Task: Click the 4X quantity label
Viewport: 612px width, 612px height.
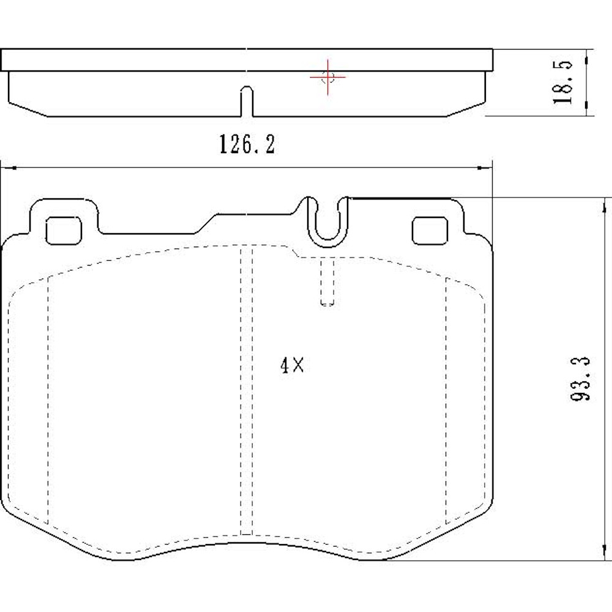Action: point(291,366)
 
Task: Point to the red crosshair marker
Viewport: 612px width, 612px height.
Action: point(327,77)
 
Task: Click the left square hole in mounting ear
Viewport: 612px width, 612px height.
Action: point(63,231)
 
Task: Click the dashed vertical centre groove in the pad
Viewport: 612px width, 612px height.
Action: point(246,392)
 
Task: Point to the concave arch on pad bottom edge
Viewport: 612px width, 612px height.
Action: point(245,543)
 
